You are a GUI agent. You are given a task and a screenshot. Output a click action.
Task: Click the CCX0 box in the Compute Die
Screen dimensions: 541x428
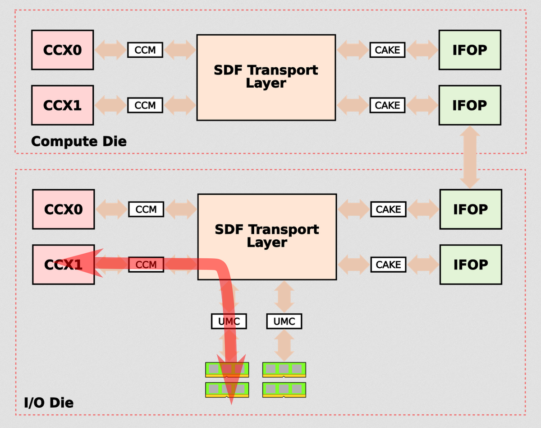coord(63,50)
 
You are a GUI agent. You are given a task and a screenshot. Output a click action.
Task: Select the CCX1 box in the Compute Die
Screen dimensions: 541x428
coord(63,105)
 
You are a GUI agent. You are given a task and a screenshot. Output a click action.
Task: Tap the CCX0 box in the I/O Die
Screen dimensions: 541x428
coord(64,209)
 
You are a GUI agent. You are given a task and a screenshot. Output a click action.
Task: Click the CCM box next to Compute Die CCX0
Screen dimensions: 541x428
coord(145,50)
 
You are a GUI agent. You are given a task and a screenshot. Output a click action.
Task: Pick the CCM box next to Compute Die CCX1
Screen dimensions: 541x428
coord(145,105)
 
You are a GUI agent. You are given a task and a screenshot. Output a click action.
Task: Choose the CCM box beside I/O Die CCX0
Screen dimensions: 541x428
coord(146,209)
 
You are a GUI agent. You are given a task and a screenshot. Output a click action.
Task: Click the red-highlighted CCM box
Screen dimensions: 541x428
coord(146,265)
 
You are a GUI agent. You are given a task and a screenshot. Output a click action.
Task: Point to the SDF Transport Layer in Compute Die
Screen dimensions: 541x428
coord(266,78)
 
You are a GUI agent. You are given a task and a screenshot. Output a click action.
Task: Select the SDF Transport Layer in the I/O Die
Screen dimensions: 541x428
coord(267,237)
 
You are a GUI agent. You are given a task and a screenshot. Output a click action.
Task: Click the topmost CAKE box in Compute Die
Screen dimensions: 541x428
coord(387,50)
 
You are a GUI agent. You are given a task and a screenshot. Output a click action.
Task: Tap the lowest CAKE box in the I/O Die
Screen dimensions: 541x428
coord(389,265)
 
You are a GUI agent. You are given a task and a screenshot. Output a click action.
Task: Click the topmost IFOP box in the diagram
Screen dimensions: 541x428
coord(470,50)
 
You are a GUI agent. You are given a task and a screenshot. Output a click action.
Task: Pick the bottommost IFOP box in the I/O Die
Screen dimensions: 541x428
coord(471,265)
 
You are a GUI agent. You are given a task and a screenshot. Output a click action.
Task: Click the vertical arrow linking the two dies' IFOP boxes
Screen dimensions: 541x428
coord(470,158)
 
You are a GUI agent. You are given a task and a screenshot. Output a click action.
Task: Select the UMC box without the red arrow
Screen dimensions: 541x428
coord(284,321)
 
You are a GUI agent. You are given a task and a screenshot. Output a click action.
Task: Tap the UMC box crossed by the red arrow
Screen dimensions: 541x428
coord(229,321)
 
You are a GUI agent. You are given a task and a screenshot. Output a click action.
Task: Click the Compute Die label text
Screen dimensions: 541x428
coord(79,141)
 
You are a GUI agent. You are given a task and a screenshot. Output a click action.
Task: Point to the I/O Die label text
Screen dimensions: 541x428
coord(49,403)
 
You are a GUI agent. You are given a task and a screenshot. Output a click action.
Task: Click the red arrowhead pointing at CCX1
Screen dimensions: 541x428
coord(80,263)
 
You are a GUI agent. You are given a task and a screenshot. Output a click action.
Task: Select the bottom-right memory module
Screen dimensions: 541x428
coord(284,390)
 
